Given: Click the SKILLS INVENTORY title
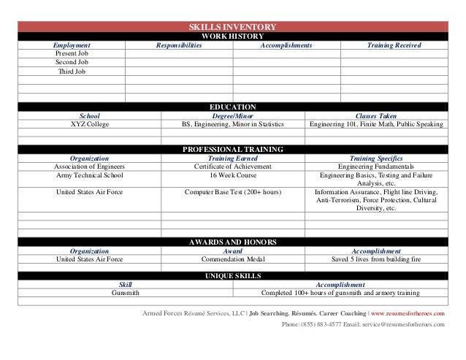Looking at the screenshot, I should pyautogui.click(x=232, y=26).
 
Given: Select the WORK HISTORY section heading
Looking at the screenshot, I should pyautogui.click(x=232, y=36).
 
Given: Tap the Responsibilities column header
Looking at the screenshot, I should pyautogui.click(x=178, y=45).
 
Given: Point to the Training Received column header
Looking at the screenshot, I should pyautogui.click(x=394, y=45).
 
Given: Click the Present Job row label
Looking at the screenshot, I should pyautogui.click(x=72, y=54).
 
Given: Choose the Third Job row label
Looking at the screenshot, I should pyautogui.click(x=71, y=72).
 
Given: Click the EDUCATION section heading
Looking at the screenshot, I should pyautogui.click(x=232, y=107).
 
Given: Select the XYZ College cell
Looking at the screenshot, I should pyautogui.click(x=89, y=124).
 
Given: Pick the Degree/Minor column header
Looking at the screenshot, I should pyautogui.click(x=232, y=115).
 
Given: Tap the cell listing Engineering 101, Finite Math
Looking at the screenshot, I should pyautogui.click(x=376, y=124).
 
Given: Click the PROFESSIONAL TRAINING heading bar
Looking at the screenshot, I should pyautogui.click(x=232, y=149).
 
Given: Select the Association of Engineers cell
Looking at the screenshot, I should pyautogui.click(x=89, y=166).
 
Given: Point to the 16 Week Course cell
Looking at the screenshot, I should pyautogui.click(x=232, y=175).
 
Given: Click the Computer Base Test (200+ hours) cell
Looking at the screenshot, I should pyautogui.click(x=232, y=192).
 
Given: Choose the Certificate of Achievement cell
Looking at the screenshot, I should pyautogui.click(x=232, y=166).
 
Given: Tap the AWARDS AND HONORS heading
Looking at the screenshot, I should pyautogui.click(x=232, y=241).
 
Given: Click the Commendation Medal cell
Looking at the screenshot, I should pyautogui.click(x=232, y=258).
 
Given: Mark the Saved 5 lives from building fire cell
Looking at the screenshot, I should pyautogui.click(x=376, y=258).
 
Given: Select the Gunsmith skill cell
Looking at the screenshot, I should pyautogui.click(x=126, y=293).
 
